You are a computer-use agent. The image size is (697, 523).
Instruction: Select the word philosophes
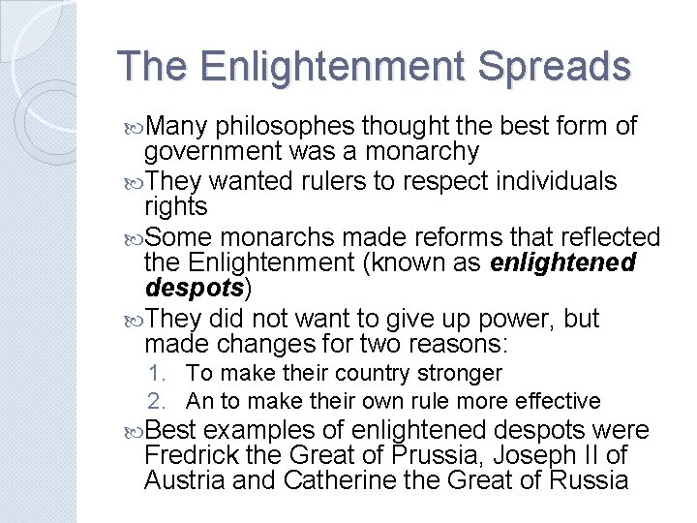288,126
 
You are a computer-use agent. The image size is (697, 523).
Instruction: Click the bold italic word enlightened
563,263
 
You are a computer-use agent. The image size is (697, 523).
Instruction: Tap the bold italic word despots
194,289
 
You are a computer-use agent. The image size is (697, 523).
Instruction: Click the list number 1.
157,373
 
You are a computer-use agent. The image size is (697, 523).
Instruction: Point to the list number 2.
157,401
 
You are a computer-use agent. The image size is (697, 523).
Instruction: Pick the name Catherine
345,480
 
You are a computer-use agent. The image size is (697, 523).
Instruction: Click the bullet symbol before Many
134,127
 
